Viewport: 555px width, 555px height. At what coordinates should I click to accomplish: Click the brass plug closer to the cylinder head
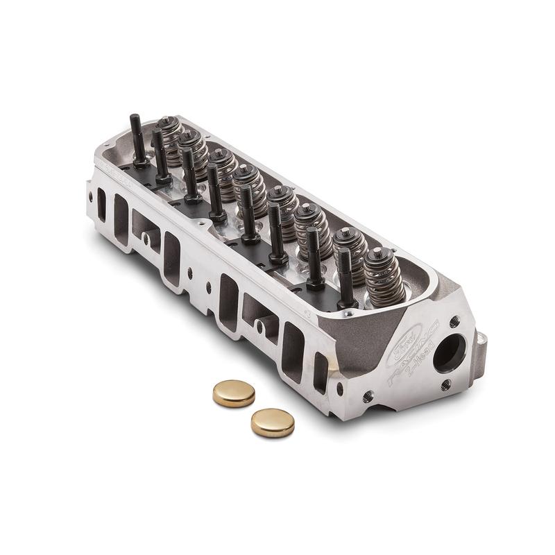(x=234, y=393)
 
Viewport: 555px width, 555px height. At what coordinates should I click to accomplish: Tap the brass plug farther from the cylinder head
(x=272, y=422)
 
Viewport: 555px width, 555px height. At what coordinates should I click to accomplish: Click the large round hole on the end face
(x=449, y=352)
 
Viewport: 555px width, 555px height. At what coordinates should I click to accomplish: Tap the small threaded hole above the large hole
(x=454, y=322)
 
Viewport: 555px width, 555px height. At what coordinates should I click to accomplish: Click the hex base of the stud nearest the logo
(x=348, y=303)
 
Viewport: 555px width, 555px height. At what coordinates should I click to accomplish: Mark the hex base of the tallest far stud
(x=140, y=164)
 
